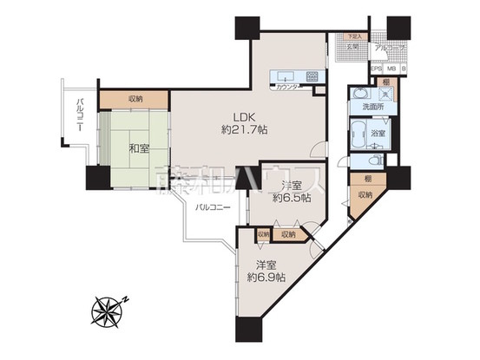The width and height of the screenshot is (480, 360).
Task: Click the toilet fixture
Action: [x=373, y=160]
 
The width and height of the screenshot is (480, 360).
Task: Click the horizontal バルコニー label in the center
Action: [x=213, y=208]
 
